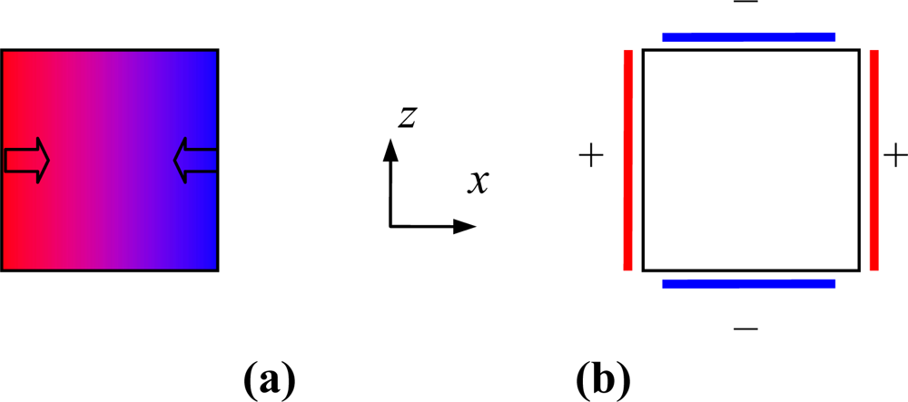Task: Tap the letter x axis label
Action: pos(478,182)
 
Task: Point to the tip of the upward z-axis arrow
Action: pos(390,141)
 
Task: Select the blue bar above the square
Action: pos(748,37)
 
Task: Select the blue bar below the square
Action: pos(748,284)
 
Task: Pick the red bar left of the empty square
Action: pos(627,160)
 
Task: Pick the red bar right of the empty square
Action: pos(873,160)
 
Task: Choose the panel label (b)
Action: pos(600,375)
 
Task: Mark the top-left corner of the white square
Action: pos(643,50)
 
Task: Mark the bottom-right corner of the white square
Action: pos(859,270)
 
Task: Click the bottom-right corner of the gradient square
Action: pos(217,270)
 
